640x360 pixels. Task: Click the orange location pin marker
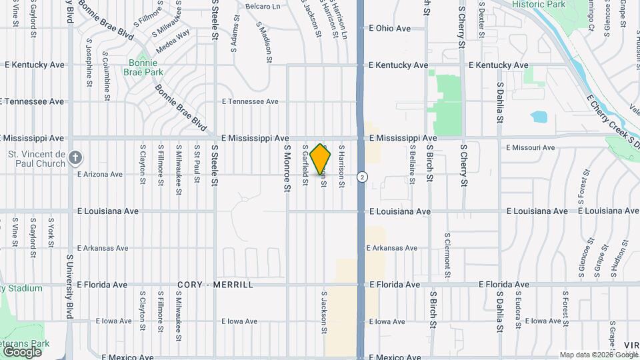click(321, 159)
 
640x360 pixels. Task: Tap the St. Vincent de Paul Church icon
click(75, 157)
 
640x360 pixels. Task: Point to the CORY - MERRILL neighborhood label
click(215, 285)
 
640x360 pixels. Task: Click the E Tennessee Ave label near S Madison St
click(250, 101)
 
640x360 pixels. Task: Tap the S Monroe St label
click(287, 169)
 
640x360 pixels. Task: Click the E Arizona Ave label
click(100, 175)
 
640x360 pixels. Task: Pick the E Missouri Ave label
click(530, 147)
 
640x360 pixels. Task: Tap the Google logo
click(22, 351)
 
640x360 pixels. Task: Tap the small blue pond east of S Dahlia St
click(539, 117)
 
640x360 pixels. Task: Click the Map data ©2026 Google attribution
click(598, 355)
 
